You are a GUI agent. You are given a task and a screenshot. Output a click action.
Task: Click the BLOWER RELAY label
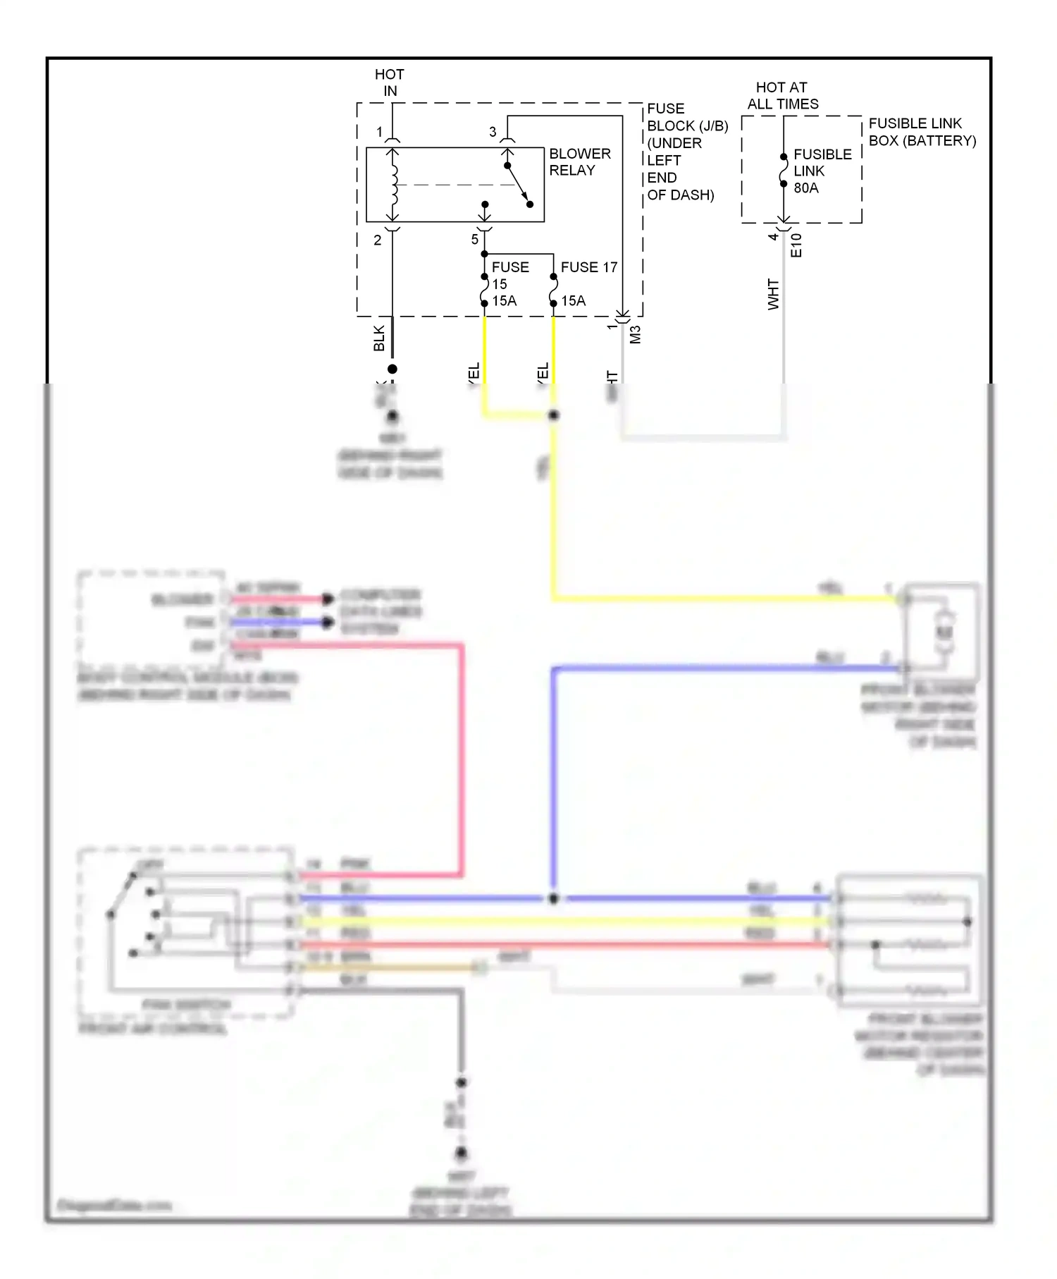(x=579, y=162)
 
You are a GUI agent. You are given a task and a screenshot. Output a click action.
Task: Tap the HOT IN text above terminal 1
(x=390, y=82)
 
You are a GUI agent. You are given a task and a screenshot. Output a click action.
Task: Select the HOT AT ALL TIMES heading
(x=782, y=96)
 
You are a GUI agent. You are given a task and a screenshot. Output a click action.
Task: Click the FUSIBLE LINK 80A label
(x=822, y=171)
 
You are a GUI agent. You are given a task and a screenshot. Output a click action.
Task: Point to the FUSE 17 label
(x=588, y=267)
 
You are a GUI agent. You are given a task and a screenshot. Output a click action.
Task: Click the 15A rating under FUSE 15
(x=505, y=301)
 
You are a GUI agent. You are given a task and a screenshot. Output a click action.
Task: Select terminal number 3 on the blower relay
(x=493, y=132)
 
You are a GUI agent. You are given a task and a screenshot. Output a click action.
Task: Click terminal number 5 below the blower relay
(x=475, y=240)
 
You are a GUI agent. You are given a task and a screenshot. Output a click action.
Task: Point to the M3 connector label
(x=635, y=333)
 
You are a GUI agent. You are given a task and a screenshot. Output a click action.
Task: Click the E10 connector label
(x=796, y=245)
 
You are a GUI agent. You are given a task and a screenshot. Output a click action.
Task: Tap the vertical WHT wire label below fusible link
(x=774, y=295)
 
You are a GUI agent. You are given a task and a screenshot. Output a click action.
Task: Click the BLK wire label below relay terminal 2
(x=379, y=338)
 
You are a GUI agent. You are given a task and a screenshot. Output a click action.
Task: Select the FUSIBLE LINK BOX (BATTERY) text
(x=921, y=132)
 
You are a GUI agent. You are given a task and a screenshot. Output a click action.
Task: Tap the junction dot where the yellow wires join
(x=553, y=415)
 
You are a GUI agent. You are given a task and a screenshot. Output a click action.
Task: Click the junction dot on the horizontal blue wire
(x=553, y=899)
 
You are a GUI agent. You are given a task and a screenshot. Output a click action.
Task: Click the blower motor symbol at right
(x=944, y=632)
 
